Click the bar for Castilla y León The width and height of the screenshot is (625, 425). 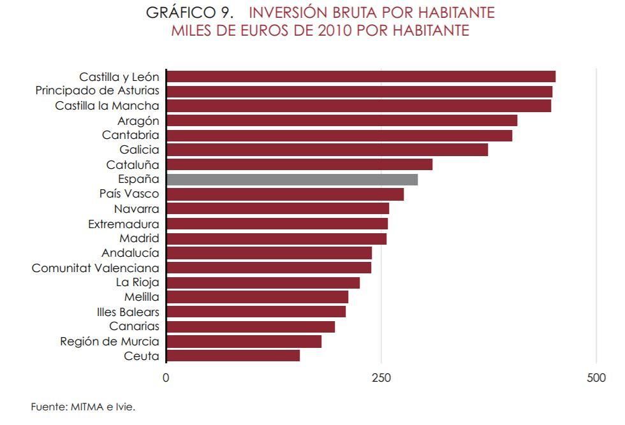coord(360,76)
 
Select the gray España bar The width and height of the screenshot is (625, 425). coord(292,180)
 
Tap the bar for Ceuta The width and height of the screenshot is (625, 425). coord(233,356)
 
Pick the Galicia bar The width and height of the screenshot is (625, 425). coord(327,150)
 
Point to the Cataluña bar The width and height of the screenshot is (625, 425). coord(299,164)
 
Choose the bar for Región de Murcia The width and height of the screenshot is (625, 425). coord(244,342)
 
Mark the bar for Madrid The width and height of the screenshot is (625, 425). coord(276,238)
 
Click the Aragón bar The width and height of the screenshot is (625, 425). coord(341,120)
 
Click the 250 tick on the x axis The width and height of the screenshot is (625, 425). coord(381,378)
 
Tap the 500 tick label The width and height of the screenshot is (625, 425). coord(596,378)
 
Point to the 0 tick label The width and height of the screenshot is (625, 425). coord(166,378)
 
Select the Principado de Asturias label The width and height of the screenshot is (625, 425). coord(97,91)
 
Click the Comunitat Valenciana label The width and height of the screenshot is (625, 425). coord(96,268)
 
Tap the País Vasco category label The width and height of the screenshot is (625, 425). coord(129,194)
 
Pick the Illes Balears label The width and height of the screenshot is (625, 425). coord(124,312)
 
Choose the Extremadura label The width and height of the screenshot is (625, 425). coord(124,224)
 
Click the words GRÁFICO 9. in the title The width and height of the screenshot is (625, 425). coord(190,13)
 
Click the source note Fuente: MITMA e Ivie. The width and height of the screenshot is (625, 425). coord(83,407)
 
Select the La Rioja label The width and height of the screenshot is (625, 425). coord(138,282)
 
